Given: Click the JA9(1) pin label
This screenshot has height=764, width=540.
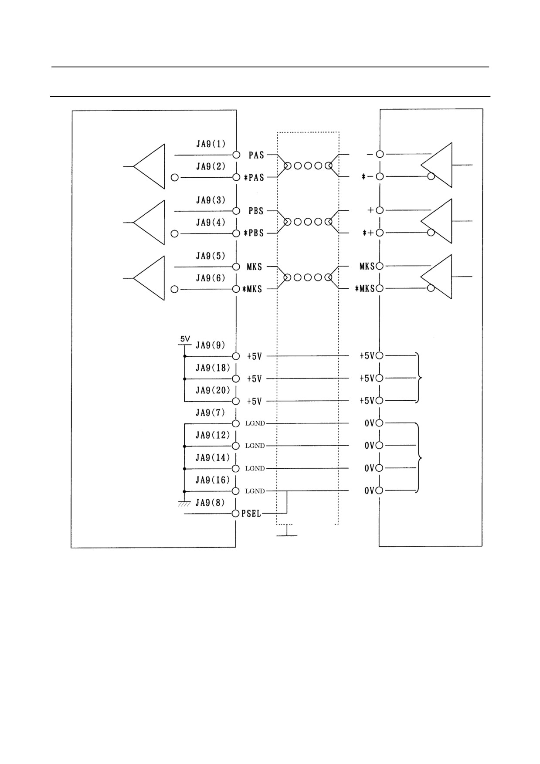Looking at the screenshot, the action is point(211,144).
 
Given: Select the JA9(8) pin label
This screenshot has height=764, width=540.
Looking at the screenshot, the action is point(210,503).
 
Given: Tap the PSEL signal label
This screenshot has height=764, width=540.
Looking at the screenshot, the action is point(251,514).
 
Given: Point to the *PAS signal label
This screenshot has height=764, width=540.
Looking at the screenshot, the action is point(254,178).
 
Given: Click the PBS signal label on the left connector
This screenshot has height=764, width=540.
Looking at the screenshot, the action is point(256,211).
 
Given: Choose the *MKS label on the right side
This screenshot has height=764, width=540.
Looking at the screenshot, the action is point(365,288).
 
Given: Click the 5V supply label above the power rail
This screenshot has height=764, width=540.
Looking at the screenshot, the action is point(185,339).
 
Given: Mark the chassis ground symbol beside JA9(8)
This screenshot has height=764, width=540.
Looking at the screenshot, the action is point(184,504).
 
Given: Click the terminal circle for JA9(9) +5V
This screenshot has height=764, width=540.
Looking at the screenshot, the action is point(236,356).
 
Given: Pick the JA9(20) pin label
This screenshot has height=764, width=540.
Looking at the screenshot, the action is point(213,390).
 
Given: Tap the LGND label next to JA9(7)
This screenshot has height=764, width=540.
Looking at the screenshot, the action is point(255,423).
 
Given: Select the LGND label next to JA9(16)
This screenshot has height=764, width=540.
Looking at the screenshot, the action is point(255,491).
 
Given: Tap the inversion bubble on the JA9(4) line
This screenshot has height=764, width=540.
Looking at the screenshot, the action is point(175,234).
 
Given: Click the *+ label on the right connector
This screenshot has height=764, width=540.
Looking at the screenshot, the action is point(368,233).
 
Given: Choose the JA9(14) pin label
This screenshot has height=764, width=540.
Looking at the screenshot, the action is point(213,458).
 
